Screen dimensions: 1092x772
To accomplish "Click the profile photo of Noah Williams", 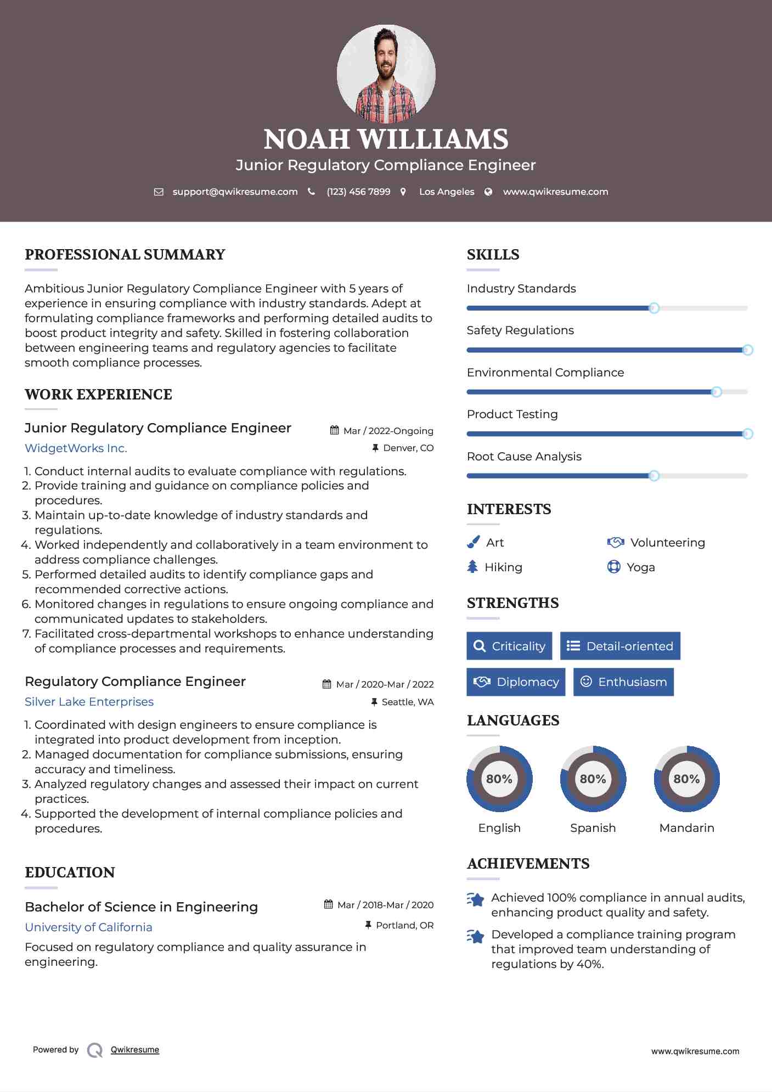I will pyautogui.click(x=386, y=74).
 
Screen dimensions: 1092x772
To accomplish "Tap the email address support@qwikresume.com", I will pyautogui.click(x=235, y=192).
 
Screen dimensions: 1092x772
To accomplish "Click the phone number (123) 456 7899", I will pyautogui.click(x=358, y=192).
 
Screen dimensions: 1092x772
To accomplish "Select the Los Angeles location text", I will pyautogui.click(x=447, y=192).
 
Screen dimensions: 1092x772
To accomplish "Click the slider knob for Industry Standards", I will pyautogui.click(x=653, y=308).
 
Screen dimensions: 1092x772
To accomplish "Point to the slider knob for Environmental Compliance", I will pyautogui.click(x=716, y=392).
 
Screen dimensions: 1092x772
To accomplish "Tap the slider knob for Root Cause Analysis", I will pyautogui.click(x=653, y=476).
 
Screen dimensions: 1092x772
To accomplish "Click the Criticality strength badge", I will pyautogui.click(x=509, y=646).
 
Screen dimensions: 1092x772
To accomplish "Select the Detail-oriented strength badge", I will pyautogui.click(x=620, y=646).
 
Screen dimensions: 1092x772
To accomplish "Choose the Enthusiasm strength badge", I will pyautogui.click(x=623, y=682).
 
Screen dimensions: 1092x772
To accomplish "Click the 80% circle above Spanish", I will pyautogui.click(x=593, y=779).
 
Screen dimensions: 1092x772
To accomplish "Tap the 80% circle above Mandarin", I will pyautogui.click(x=686, y=779).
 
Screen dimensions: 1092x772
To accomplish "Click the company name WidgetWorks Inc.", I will pyautogui.click(x=76, y=448).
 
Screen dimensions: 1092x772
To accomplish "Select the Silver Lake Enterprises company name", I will pyautogui.click(x=89, y=702).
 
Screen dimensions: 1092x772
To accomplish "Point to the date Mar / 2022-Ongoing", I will pyautogui.click(x=388, y=431).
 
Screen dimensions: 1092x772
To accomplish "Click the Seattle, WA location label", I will pyautogui.click(x=407, y=702).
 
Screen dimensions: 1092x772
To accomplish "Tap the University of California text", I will pyautogui.click(x=88, y=927).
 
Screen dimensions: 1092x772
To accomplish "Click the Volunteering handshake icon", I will pyautogui.click(x=616, y=542).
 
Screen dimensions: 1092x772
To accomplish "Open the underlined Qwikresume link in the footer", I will pyautogui.click(x=135, y=1050).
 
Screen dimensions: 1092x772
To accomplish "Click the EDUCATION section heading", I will pyautogui.click(x=70, y=873).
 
